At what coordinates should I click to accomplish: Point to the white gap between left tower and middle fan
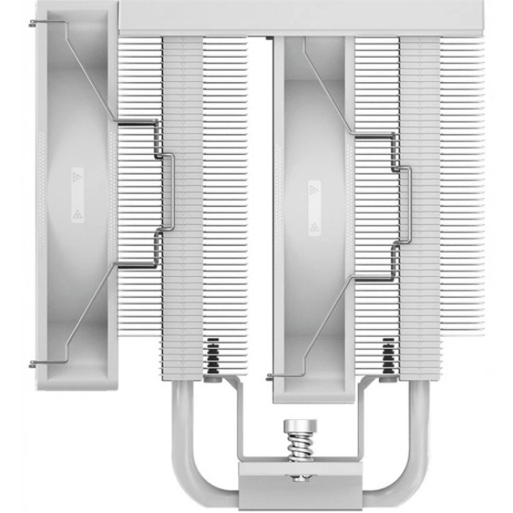coord(260,183)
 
